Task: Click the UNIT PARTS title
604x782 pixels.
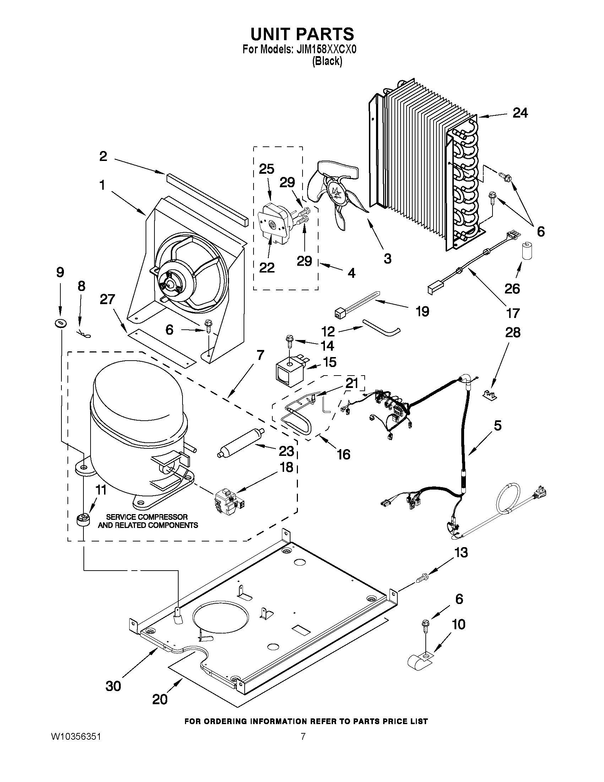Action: pyautogui.click(x=302, y=34)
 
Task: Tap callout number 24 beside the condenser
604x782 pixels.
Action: pyautogui.click(x=520, y=113)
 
